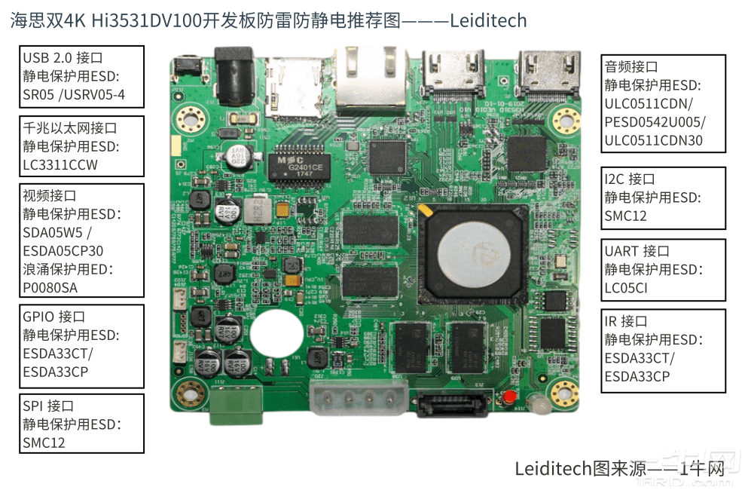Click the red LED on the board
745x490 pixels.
(x=509, y=397)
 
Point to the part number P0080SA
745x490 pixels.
(x=50, y=286)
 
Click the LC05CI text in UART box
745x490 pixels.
(x=626, y=288)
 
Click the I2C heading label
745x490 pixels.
(x=630, y=179)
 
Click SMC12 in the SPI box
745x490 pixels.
(x=44, y=443)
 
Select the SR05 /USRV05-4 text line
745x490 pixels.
(x=74, y=95)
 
